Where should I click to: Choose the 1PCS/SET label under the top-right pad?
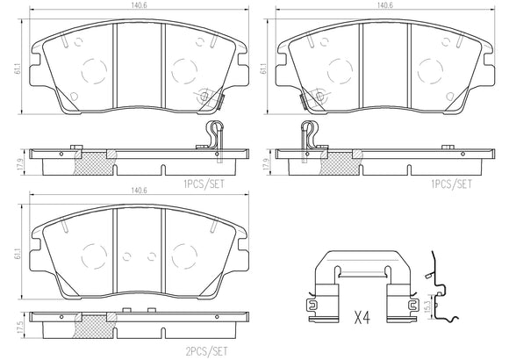click(453, 184)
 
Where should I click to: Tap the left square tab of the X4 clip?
click(312, 306)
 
